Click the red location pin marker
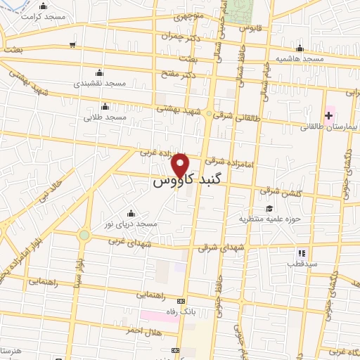(x=181, y=165)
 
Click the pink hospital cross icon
(x=329, y=115)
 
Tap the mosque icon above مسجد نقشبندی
(x=99, y=72)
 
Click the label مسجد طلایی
(x=105, y=117)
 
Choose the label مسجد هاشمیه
(x=300, y=59)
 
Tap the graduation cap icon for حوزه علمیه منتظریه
(x=269, y=208)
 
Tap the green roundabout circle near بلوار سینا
(x=84, y=235)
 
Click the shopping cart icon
(x=73, y=45)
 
